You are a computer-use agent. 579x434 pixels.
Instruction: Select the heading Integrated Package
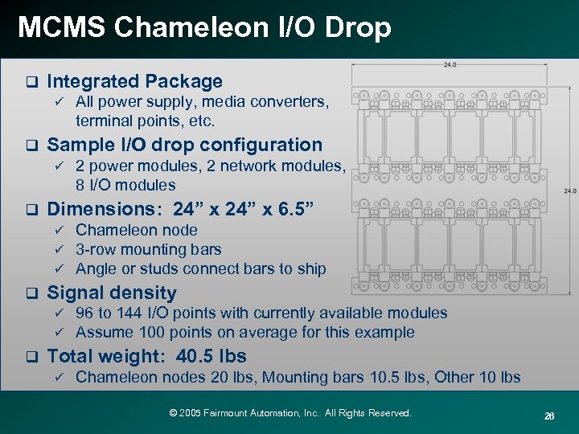point(134,81)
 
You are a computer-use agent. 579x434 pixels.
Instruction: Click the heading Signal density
point(112,293)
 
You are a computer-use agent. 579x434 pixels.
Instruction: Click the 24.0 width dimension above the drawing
point(450,65)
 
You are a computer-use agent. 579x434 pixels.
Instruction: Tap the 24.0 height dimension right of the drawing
point(569,191)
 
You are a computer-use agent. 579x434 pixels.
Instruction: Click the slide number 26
point(549,415)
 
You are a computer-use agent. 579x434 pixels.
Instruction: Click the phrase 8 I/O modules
point(125,185)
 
